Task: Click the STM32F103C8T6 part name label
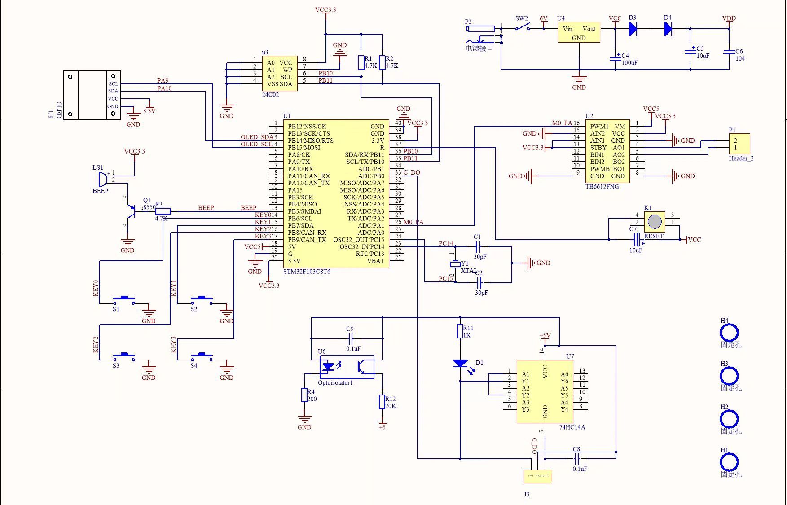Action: tap(307, 272)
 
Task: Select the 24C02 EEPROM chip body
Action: tap(279, 73)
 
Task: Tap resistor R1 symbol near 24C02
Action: tap(361, 62)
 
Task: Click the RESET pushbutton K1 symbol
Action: tap(655, 222)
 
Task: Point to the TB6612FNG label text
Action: tap(602, 186)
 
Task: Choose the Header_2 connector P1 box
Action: tap(739, 144)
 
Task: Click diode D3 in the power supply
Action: tap(633, 29)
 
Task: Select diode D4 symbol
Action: tap(668, 29)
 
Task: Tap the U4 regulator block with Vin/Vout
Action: tap(579, 33)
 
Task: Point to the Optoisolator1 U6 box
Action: tap(347, 367)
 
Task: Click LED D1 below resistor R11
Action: tap(460, 363)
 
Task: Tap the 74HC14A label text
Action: tap(572, 427)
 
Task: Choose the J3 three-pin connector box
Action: tap(538, 476)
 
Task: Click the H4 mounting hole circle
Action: tap(729, 333)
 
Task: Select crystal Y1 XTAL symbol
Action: tap(455, 264)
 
